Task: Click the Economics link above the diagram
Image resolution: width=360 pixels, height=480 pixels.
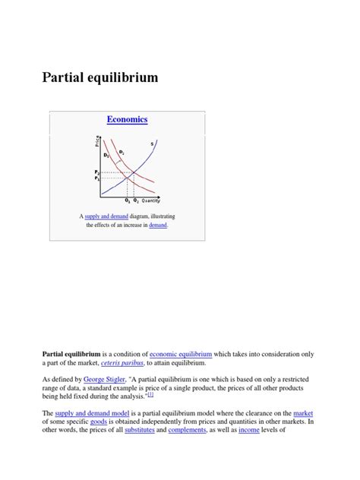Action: point(127,119)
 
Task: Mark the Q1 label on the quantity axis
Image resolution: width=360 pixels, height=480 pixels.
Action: point(127,201)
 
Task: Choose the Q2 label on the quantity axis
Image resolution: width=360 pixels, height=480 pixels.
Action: point(135,201)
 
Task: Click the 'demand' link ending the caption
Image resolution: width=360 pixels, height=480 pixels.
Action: point(158,226)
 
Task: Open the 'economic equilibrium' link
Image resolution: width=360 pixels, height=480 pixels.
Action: point(181,354)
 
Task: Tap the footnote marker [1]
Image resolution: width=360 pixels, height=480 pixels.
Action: point(151,394)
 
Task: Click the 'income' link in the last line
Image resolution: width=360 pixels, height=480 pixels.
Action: point(249,431)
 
